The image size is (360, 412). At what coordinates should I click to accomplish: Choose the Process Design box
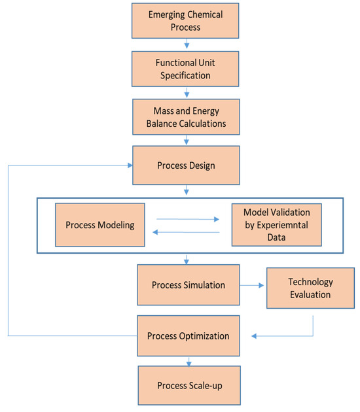[x=186, y=165]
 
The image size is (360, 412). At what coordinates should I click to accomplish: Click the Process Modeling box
[x=99, y=225]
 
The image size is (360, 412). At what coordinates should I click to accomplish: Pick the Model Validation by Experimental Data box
[x=276, y=225]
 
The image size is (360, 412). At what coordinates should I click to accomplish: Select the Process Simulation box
[x=189, y=285]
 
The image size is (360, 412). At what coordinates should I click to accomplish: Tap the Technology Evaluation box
[x=310, y=288]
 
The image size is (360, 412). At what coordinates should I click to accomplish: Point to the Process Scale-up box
[x=189, y=385]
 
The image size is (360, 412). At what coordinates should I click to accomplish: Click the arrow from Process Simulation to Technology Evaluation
[x=251, y=285]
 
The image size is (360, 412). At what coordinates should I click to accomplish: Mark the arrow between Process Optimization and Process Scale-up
[x=189, y=361]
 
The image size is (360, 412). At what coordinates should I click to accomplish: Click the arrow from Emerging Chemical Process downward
[x=188, y=44]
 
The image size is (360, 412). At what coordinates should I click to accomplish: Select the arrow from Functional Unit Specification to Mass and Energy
[x=188, y=92]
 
